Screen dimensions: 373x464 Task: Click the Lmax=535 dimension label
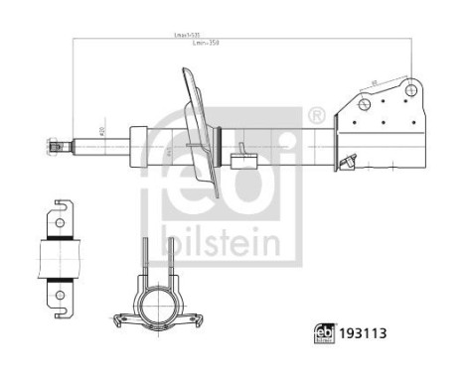[x=180, y=38]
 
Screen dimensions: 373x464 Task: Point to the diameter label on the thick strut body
[x=168, y=149]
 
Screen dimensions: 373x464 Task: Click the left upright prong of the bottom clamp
[x=143, y=260]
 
